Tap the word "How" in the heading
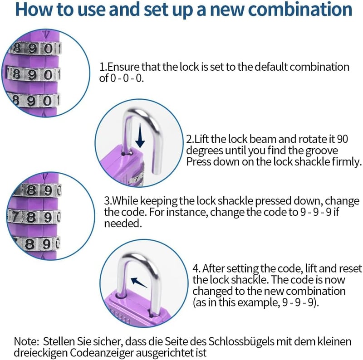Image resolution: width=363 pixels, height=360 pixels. point(34,9)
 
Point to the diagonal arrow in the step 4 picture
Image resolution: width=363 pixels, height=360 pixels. point(139,282)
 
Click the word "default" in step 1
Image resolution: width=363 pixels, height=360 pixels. point(271,67)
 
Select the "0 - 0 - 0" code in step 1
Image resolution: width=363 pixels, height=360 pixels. point(126,78)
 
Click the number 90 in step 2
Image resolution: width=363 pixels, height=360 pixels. point(342,139)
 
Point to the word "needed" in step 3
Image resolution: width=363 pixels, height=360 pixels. point(122,224)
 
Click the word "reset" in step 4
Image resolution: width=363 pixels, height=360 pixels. point(350,268)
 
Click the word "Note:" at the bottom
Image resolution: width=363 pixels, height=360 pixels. point(27,341)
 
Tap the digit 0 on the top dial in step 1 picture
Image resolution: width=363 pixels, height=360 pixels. point(49,49)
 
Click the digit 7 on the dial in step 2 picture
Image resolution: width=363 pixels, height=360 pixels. point(137,179)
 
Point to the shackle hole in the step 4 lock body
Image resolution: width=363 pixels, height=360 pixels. point(122,296)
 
